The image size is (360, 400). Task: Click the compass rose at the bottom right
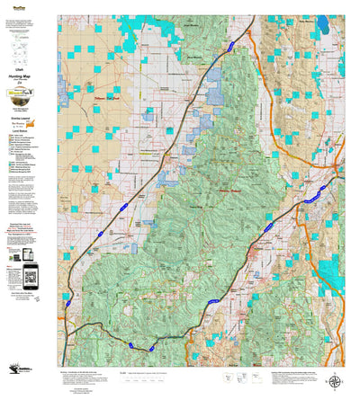click(x=335, y=358)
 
